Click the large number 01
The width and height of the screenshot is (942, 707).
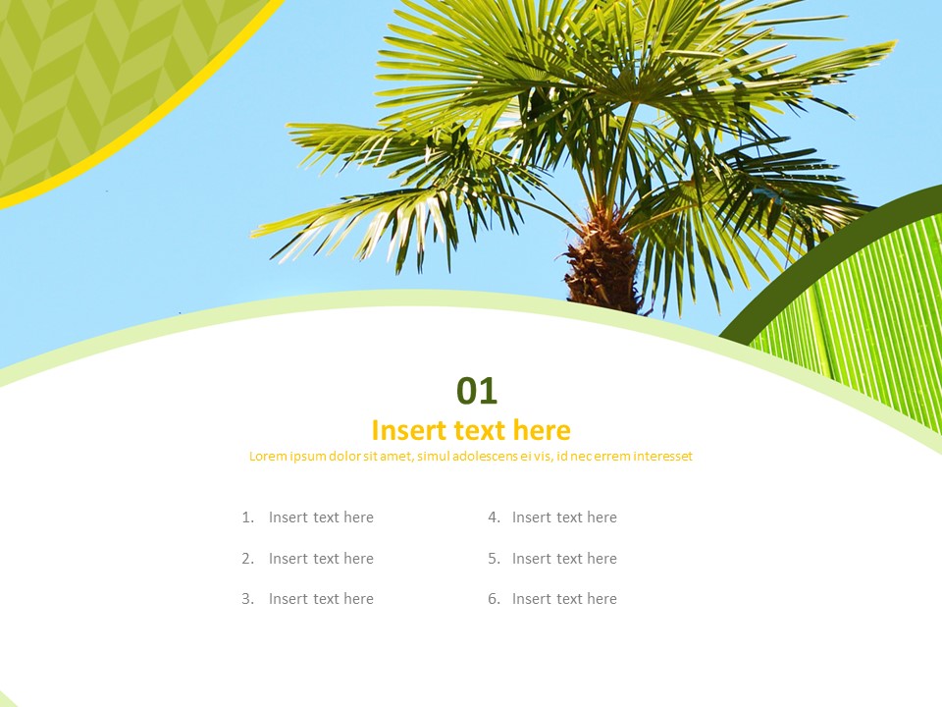[477, 391]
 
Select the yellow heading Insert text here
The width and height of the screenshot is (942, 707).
[471, 430]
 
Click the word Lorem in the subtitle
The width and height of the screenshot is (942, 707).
[267, 456]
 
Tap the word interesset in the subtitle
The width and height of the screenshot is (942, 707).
[662, 456]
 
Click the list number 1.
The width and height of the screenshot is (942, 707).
[247, 517]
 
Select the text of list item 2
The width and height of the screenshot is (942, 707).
[321, 559]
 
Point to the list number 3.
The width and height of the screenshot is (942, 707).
[247, 599]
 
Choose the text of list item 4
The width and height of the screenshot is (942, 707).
[564, 517]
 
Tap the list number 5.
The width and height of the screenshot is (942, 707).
[494, 559]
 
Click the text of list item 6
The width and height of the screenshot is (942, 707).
[564, 599]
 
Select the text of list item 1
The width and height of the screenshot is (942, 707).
[321, 517]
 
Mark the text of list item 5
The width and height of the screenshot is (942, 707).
[564, 559]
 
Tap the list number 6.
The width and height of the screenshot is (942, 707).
[494, 599]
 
